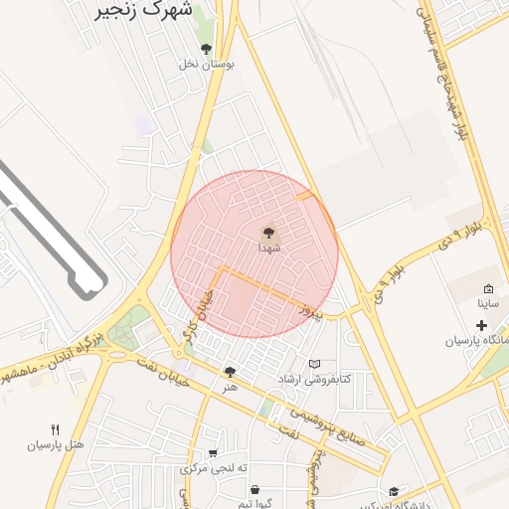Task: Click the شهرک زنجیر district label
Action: (x=145, y=12)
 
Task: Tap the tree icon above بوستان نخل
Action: (x=206, y=49)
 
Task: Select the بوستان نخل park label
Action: (x=210, y=65)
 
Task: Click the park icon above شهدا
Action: (x=269, y=232)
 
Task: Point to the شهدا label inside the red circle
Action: (x=269, y=248)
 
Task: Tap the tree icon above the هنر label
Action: (x=231, y=371)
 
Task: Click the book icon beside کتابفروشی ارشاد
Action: (x=315, y=365)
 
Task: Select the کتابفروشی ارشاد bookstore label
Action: (x=314, y=380)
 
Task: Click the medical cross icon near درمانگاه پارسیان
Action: (x=482, y=326)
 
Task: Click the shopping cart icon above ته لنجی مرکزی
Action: (x=213, y=453)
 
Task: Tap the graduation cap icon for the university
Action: (x=394, y=491)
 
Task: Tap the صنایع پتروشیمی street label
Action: (x=329, y=424)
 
